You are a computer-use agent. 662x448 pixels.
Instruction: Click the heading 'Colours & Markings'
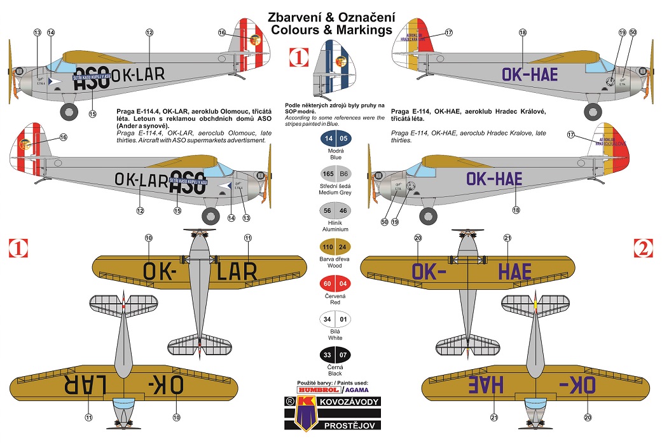331,29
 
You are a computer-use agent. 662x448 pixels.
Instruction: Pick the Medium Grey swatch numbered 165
335,173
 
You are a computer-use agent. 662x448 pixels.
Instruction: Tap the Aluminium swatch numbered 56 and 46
335,210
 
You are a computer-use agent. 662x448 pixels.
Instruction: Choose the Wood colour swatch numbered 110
335,247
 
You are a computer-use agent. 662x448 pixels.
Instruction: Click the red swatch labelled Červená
335,284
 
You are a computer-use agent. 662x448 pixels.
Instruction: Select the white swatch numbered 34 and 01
335,320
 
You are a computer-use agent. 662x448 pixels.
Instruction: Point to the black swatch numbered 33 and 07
335,356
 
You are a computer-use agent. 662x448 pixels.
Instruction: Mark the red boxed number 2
643,249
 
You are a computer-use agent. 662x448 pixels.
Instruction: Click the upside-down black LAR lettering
77,383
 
